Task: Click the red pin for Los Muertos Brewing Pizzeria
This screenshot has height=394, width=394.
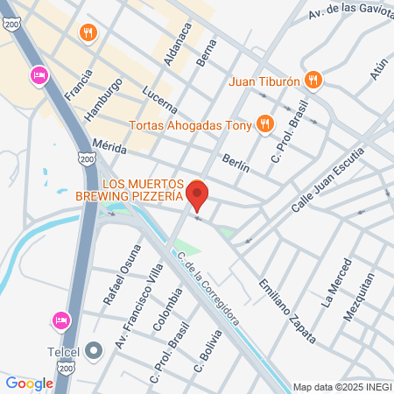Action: click(x=198, y=194)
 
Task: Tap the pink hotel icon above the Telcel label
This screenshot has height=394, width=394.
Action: click(x=60, y=320)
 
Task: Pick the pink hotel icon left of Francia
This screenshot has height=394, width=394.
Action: click(x=39, y=76)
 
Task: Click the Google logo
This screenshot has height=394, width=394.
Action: click(x=29, y=383)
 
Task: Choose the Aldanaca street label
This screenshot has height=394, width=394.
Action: click(x=177, y=44)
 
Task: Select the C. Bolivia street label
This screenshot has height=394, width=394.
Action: click(x=203, y=355)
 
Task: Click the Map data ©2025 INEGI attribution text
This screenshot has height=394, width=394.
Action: click(x=341, y=386)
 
